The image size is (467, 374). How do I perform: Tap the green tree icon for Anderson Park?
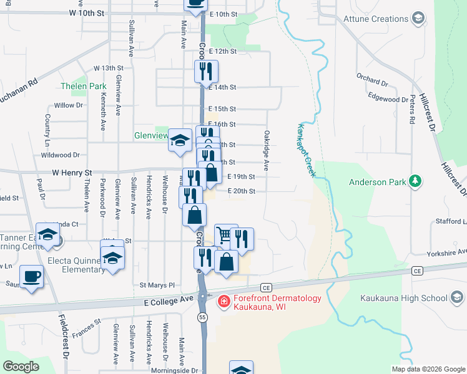tap(415, 182)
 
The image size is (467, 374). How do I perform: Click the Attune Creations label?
tap(376, 19)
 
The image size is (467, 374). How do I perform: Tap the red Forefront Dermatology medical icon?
tap(222, 302)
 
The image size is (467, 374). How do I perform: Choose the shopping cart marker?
tap(225, 236)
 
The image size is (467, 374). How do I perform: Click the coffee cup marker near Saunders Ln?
tap(31, 276)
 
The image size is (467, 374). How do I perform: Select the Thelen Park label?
tap(83, 86)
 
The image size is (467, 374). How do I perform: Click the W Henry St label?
tap(71, 172)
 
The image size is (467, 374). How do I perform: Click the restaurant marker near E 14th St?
tap(205, 72)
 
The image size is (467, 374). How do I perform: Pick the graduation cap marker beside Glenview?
tap(180, 140)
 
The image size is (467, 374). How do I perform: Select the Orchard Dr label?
tap(372, 80)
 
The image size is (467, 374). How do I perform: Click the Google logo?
tap(21, 367)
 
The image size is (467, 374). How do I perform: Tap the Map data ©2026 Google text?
tap(428, 369)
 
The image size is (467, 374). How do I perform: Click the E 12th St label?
tap(224, 51)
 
